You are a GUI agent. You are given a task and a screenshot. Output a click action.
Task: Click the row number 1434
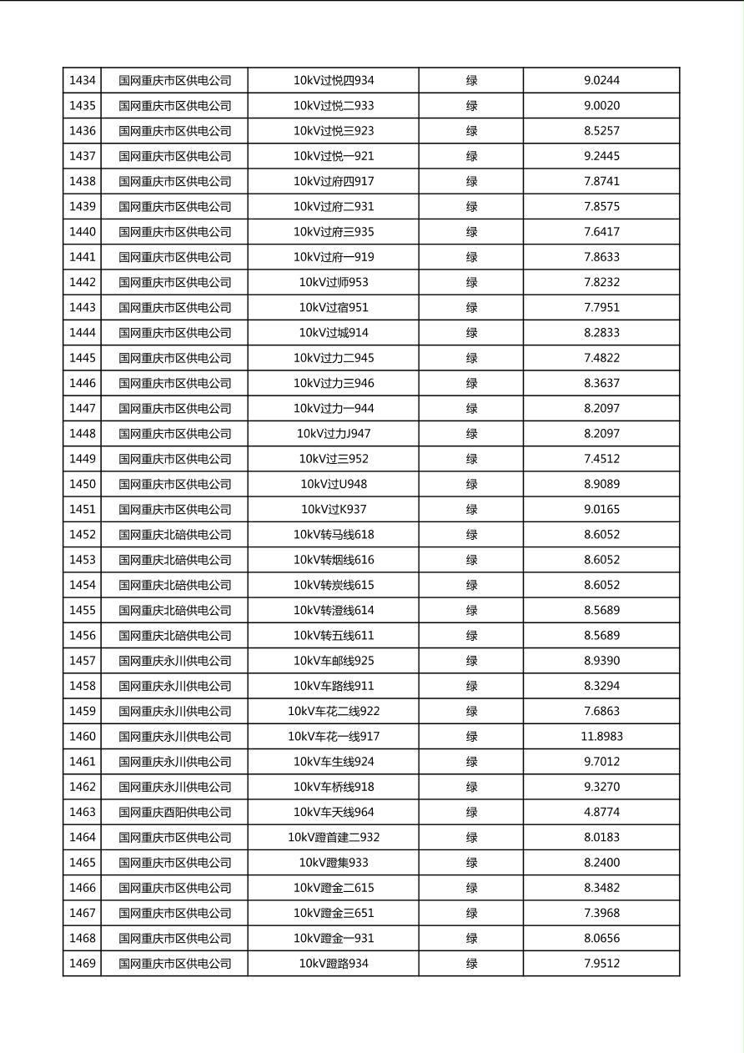click(83, 81)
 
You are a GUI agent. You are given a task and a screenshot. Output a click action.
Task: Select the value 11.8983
click(601, 737)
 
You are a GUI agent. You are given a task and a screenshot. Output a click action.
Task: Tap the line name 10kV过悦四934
click(334, 81)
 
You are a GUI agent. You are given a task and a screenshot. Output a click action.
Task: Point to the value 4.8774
click(601, 812)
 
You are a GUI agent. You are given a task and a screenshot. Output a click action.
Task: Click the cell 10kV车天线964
click(334, 812)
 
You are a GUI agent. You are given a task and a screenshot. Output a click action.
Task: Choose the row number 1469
click(83, 964)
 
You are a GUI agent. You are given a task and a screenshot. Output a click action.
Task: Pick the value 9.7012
click(601, 762)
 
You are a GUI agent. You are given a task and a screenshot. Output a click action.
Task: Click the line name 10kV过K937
click(334, 510)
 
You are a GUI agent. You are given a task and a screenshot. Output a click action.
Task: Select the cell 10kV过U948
click(334, 484)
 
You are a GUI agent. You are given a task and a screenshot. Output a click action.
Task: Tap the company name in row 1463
click(174, 812)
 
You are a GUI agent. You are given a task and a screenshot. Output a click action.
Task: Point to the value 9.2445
click(601, 156)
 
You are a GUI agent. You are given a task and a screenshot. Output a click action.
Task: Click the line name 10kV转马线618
click(334, 535)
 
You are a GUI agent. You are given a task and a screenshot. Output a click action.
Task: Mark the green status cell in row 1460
click(471, 737)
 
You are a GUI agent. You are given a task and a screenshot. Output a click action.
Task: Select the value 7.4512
click(601, 459)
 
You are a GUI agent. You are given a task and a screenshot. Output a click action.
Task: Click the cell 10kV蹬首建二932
click(334, 838)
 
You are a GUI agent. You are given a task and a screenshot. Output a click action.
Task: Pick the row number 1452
click(83, 535)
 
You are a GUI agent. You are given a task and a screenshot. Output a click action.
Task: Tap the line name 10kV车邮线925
click(334, 661)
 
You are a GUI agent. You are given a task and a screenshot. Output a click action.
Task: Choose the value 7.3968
click(601, 913)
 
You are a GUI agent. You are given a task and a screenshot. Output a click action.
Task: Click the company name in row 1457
click(174, 661)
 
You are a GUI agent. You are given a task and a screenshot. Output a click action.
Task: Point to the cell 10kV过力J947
click(334, 434)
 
